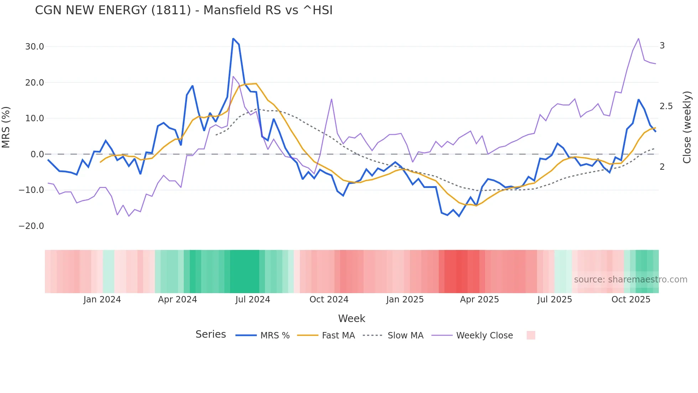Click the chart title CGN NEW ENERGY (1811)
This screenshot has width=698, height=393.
(183, 10)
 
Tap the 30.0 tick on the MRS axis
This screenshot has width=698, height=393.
(35, 47)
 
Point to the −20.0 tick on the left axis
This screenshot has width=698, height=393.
(31, 226)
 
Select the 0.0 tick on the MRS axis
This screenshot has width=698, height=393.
(37, 154)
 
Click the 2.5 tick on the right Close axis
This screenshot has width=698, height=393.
(666, 106)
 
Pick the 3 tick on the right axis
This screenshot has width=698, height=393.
(662, 46)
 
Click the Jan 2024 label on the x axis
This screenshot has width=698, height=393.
(102, 300)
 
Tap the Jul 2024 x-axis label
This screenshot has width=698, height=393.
(252, 300)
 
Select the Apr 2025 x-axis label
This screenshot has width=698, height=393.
(479, 300)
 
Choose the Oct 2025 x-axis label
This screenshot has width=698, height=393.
(631, 300)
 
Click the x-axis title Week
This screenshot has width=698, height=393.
(351, 318)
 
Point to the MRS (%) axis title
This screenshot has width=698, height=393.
(6, 127)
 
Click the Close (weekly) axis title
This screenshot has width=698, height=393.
(687, 127)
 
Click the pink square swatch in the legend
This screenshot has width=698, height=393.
(531, 335)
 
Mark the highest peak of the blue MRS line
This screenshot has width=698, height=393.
(233, 39)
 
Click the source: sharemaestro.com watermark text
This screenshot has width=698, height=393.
(630, 280)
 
